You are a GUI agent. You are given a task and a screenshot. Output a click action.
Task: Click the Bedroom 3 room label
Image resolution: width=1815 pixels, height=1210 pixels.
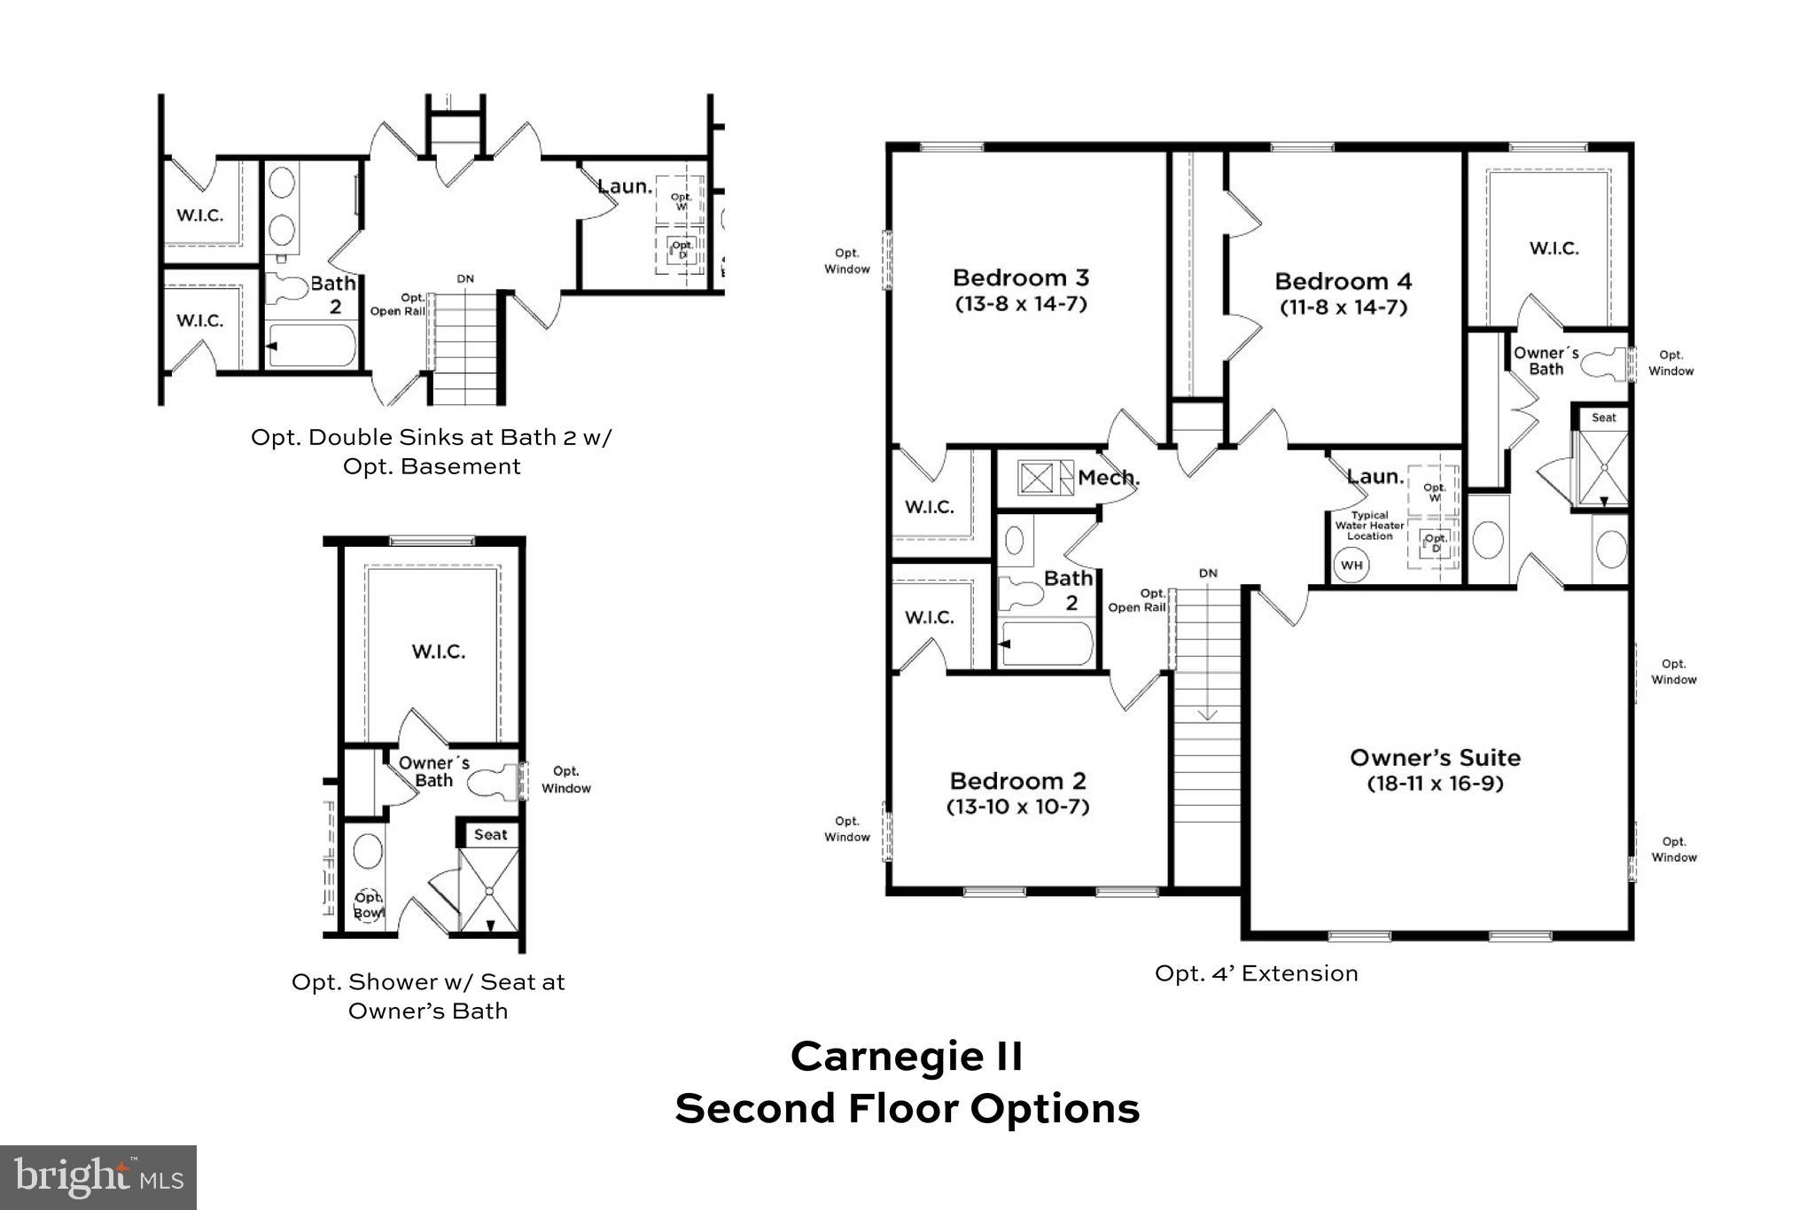(1021, 277)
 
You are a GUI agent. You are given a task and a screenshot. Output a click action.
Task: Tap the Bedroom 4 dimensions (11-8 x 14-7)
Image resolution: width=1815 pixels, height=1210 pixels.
(1343, 308)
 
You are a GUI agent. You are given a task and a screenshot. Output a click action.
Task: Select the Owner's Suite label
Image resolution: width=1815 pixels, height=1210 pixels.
(1435, 758)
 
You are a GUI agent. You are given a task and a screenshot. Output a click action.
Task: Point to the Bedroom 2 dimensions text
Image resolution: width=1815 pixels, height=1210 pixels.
(1017, 807)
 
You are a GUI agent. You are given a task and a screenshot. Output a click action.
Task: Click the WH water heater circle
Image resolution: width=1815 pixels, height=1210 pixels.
(1351, 566)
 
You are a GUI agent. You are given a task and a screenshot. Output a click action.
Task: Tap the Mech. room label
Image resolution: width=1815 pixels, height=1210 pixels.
(1108, 478)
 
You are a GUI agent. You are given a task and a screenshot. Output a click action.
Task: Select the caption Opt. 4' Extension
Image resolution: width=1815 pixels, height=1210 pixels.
(1256, 973)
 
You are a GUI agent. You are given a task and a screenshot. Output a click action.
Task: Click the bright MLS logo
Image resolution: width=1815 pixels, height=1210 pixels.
(98, 1177)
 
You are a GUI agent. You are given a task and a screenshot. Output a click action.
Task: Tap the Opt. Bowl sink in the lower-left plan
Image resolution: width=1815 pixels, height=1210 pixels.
(368, 905)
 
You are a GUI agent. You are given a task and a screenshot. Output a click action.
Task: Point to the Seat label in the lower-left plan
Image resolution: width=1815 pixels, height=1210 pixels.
(490, 834)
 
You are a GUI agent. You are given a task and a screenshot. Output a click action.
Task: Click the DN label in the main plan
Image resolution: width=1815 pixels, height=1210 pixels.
(1208, 574)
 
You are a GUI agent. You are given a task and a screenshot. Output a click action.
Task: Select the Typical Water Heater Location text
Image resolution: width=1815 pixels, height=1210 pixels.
(1369, 526)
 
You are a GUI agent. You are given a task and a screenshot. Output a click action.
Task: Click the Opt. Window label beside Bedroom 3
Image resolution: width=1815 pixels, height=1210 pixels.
(847, 262)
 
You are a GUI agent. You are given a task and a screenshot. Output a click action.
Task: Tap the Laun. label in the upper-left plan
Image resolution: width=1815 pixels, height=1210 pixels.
(624, 187)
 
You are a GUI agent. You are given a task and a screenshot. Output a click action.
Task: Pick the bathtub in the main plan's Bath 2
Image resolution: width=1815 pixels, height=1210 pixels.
(1047, 644)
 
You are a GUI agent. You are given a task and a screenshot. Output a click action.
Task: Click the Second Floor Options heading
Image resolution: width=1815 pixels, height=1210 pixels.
(907, 1109)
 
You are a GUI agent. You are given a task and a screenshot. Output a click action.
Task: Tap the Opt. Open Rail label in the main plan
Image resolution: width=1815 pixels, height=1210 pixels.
(1137, 600)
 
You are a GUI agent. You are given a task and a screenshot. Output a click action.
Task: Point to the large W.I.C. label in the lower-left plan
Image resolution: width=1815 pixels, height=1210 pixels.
(438, 652)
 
